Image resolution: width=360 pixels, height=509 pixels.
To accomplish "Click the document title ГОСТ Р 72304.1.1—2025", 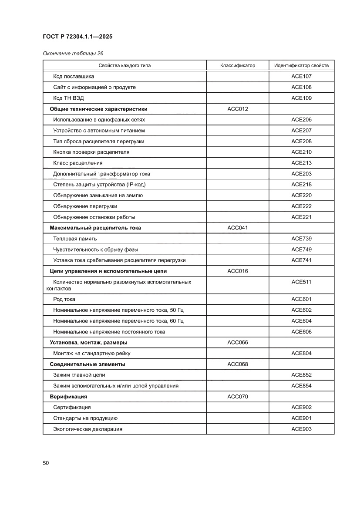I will pyautogui.click(x=77, y=37).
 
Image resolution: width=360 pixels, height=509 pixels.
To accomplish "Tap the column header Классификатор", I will pyautogui.click(x=237, y=66).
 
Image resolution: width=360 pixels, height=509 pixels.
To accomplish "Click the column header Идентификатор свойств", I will pyautogui.click(x=301, y=66).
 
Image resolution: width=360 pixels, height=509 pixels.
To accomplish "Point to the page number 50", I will pyautogui.click(x=46, y=463).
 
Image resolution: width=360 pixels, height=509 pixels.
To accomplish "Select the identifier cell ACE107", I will pyautogui.click(x=301, y=76).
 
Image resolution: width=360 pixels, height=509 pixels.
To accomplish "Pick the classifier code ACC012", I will pyautogui.click(x=237, y=109).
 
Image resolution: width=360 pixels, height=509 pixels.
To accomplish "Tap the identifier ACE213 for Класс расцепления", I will pyautogui.click(x=301, y=163).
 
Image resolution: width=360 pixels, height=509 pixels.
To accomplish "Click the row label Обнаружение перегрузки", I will pyautogui.click(x=85, y=206).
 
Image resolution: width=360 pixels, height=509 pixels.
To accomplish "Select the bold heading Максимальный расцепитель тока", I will pyautogui.click(x=95, y=228).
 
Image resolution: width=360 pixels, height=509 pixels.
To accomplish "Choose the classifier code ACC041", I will pyautogui.click(x=237, y=228).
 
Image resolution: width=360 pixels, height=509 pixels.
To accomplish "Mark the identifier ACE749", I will pyautogui.click(x=301, y=249).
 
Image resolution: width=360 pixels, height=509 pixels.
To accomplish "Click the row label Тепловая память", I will pyautogui.click(x=75, y=239).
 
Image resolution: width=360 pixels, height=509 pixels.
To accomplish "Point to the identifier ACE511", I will pyautogui.click(x=301, y=282).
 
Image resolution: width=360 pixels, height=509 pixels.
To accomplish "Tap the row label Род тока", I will pyautogui.click(x=64, y=299).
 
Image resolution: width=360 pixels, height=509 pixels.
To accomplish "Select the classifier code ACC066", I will pyautogui.click(x=237, y=343).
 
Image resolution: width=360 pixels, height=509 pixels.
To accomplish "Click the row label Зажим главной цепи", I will pyautogui.click(x=79, y=375).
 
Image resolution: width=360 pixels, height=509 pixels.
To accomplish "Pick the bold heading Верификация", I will pyautogui.click(x=68, y=397).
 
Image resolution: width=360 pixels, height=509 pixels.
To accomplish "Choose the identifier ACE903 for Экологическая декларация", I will pyautogui.click(x=301, y=429).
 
